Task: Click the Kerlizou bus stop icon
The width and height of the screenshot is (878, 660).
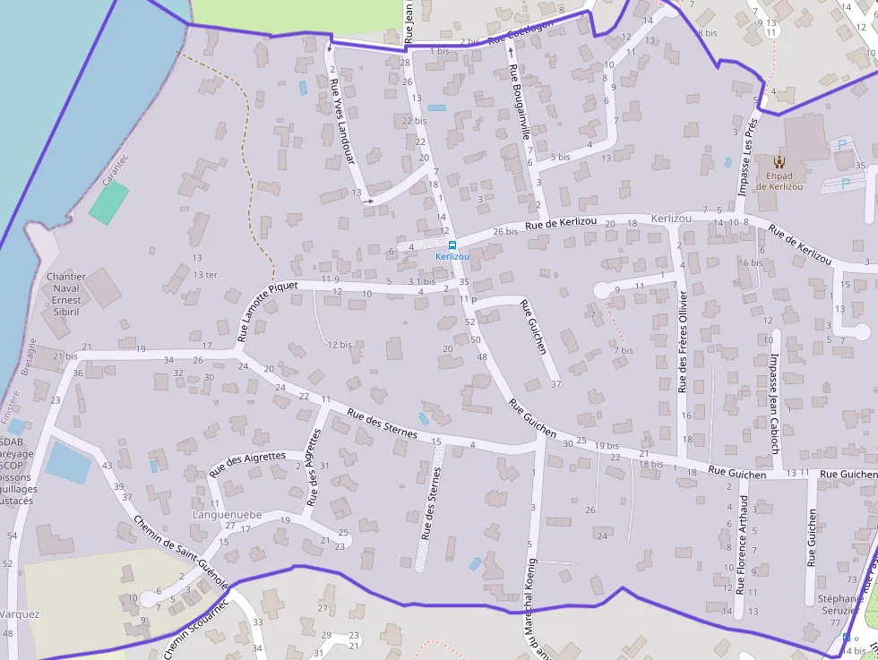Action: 452,244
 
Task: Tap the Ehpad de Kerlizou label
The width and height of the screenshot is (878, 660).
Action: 779,181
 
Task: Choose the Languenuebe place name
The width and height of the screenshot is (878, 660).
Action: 227,515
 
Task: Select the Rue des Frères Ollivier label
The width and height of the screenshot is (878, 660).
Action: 684,341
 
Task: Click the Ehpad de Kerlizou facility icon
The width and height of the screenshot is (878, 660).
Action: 779,162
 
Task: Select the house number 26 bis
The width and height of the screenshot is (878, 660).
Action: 505,231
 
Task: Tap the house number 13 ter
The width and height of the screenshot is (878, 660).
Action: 205,275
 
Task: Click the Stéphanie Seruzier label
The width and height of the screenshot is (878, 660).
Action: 841,604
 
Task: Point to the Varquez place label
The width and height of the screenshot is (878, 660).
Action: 20,614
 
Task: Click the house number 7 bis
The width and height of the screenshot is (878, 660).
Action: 624,350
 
